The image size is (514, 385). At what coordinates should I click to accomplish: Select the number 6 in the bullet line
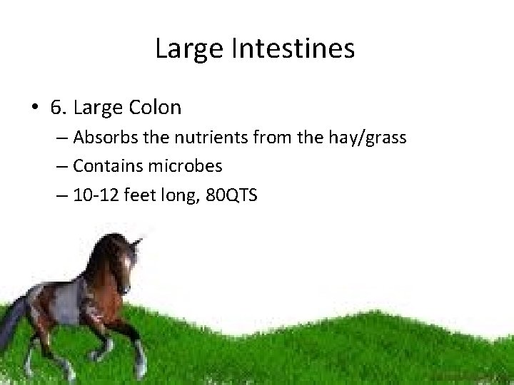tap(55, 108)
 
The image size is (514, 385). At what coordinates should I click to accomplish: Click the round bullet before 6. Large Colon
tap(34, 108)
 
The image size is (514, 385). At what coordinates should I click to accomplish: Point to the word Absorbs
tap(101, 138)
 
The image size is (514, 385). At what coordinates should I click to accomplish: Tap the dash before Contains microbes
tap(62, 167)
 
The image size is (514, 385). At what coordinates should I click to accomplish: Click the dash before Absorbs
tap(62, 138)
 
